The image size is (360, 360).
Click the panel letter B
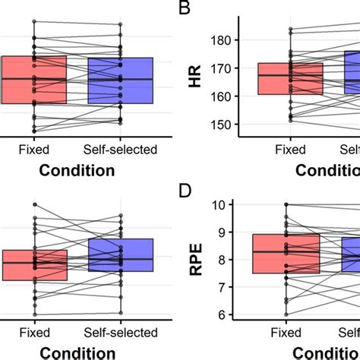click(x=184, y=9)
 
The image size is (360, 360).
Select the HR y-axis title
click(x=195, y=81)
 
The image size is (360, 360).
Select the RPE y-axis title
click(x=195, y=258)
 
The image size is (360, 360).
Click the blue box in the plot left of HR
click(x=120, y=80)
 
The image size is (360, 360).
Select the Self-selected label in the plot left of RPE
click(x=120, y=333)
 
